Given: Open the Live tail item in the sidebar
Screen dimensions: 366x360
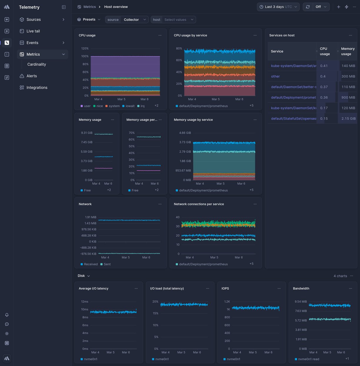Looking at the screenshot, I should (x=33, y=31).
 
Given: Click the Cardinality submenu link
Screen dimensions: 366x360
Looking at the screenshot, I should (x=36, y=64).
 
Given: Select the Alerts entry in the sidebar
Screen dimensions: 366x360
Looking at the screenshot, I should (x=31, y=76).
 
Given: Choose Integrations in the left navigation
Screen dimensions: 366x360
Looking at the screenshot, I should (x=37, y=87).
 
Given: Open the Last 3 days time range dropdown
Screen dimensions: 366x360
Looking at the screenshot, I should (x=278, y=7).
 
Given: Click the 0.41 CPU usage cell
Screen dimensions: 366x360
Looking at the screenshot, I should (x=324, y=66).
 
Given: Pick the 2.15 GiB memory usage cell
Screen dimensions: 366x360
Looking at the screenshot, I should (x=348, y=118).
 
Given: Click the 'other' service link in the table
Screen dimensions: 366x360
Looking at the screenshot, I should (x=275, y=76).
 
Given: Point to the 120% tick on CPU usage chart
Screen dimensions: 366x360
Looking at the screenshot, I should (x=85, y=48).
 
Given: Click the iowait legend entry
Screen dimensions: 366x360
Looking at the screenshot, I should (x=128, y=106).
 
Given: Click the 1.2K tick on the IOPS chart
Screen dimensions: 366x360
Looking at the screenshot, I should (x=227, y=302).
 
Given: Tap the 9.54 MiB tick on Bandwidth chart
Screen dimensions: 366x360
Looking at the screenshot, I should (x=301, y=302).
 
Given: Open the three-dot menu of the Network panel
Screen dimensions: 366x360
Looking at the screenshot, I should (x=160, y=204).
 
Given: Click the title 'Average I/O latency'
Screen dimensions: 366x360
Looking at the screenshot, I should (x=94, y=289).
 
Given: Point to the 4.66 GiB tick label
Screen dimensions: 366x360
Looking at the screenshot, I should (x=185, y=133).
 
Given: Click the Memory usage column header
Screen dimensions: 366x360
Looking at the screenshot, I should (x=348, y=51).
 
